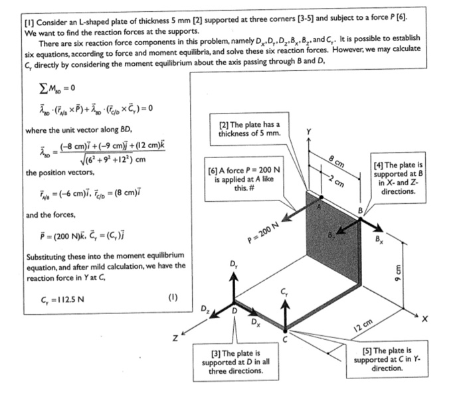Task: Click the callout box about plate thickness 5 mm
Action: (x=250, y=129)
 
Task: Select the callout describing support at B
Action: (x=396, y=177)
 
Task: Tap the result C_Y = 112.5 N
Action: (x=47, y=297)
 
